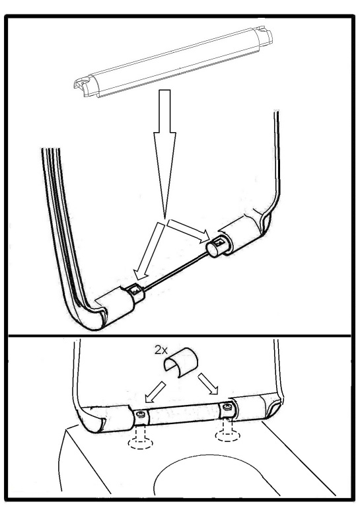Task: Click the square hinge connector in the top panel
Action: (135, 293)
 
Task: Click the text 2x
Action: (161, 350)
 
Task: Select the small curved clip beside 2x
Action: (180, 363)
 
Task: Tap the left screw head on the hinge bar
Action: (141, 415)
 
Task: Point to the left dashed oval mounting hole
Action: (141, 443)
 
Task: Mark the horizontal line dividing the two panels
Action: (180, 336)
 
